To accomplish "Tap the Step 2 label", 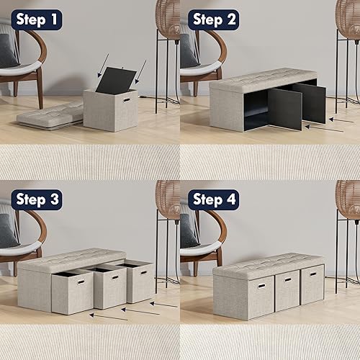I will coord(214,19).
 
